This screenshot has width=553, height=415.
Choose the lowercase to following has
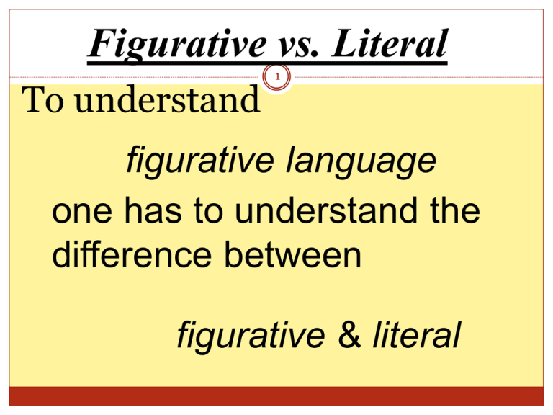[209, 213]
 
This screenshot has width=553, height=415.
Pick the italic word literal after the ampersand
[413, 335]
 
